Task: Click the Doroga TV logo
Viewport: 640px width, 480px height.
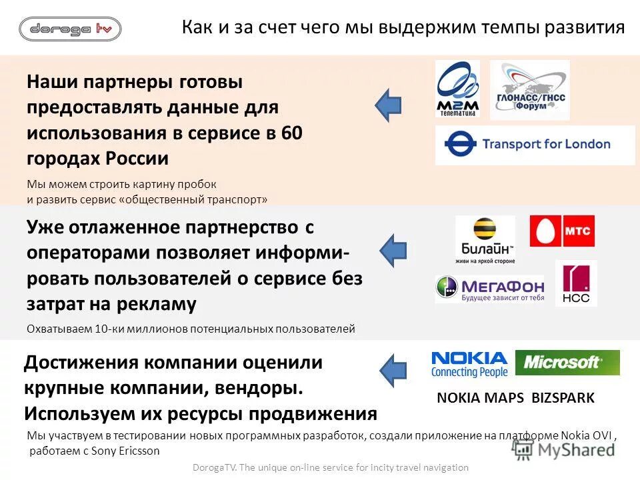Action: [70, 29]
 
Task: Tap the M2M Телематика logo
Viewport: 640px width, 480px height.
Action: [457, 89]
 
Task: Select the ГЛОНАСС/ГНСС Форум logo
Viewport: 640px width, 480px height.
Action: [529, 90]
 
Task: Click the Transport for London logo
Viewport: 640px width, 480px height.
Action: [535, 145]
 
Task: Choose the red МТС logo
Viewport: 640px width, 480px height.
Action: [562, 231]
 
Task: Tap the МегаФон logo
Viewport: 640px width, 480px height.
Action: [489, 289]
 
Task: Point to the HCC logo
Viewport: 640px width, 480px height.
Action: [576, 284]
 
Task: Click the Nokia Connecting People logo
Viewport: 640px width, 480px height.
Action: [469, 364]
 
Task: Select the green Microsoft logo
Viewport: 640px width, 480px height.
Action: [567, 363]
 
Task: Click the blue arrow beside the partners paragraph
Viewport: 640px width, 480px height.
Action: [388, 105]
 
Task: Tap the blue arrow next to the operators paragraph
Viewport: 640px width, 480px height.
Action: [393, 249]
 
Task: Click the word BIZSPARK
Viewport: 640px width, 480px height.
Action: [563, 398]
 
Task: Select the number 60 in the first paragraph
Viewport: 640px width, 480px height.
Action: [292, 133]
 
